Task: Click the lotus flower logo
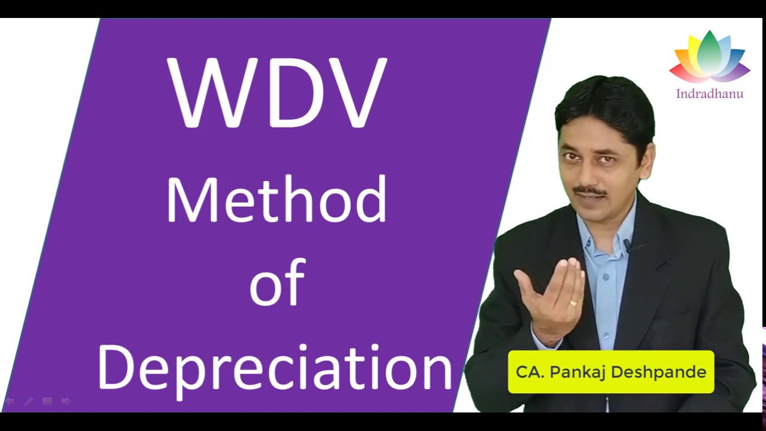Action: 710,57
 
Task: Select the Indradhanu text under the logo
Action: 710,94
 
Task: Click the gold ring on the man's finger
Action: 573,303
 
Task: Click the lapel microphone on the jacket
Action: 627,245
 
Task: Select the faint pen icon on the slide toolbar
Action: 28,402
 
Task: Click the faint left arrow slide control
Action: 10,402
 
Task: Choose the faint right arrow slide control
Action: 66,402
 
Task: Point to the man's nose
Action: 589,171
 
